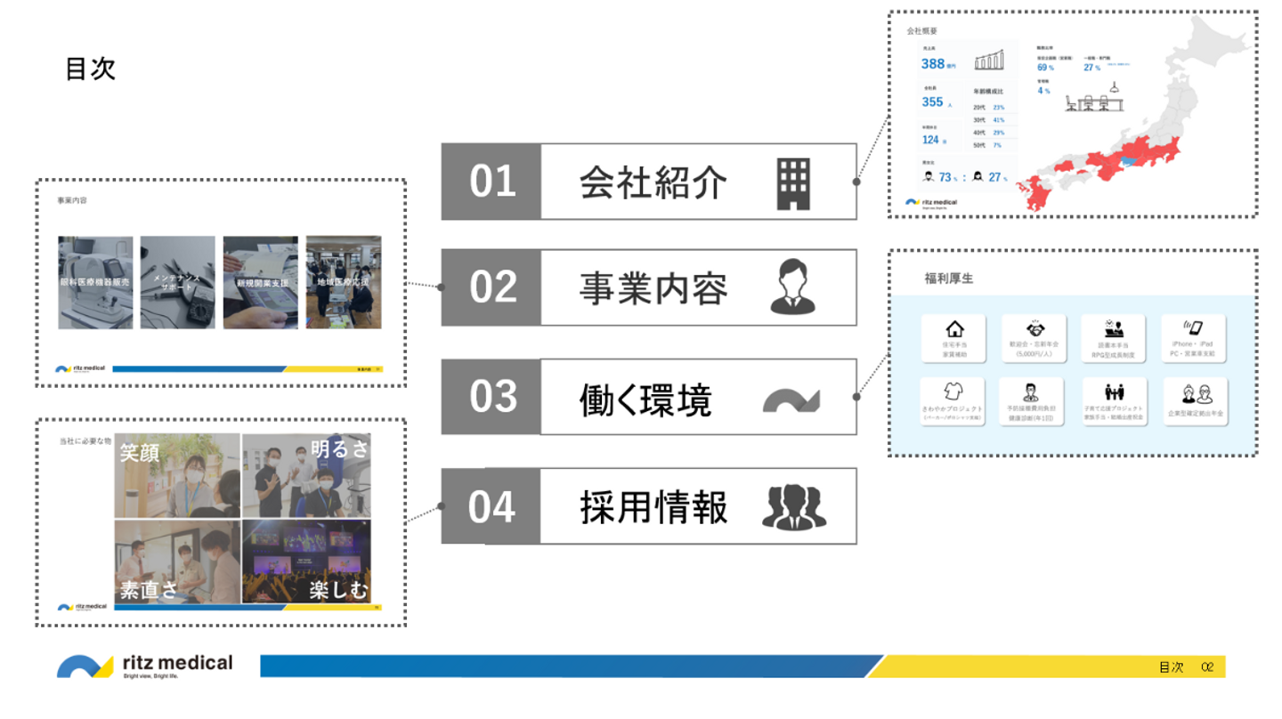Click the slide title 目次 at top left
click(x=90, y=69)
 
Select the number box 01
click(x=492, y=182)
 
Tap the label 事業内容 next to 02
click(x=653, y=288)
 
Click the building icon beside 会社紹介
click(x=793, y=183)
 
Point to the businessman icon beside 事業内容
click(x=792, y=287)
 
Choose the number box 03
click(x=492, y=397)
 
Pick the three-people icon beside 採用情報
click(x=793, y=507)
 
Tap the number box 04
click(x=492, y=506)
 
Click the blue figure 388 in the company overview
click(x=933, y=64)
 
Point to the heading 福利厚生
click(x=949, y=279)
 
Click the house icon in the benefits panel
click(x=954, y=330)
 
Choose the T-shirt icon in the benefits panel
click(x=953, y=392)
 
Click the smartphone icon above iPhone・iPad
click(x=1193, y=328)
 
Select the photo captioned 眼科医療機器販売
click(x=95, y=282)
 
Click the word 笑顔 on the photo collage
click(x=140, y=452)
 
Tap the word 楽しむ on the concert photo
click(x=338, y=589)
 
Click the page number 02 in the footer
click(x=1208, y=666)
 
